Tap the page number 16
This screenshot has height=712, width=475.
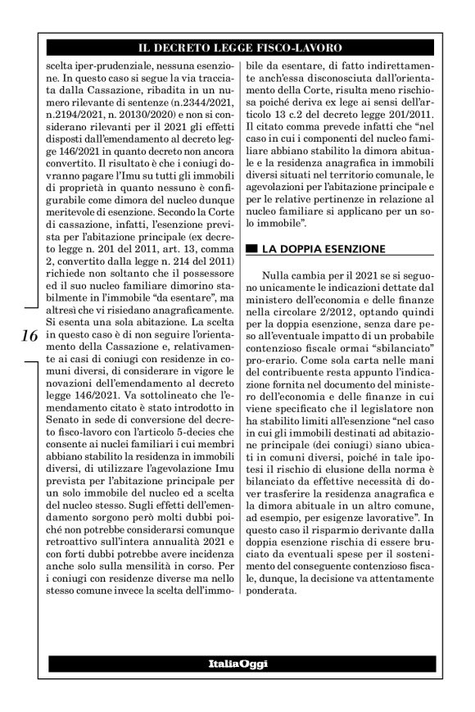click(x=27, y=337)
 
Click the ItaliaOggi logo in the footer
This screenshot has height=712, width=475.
click(x=237, y=662)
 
